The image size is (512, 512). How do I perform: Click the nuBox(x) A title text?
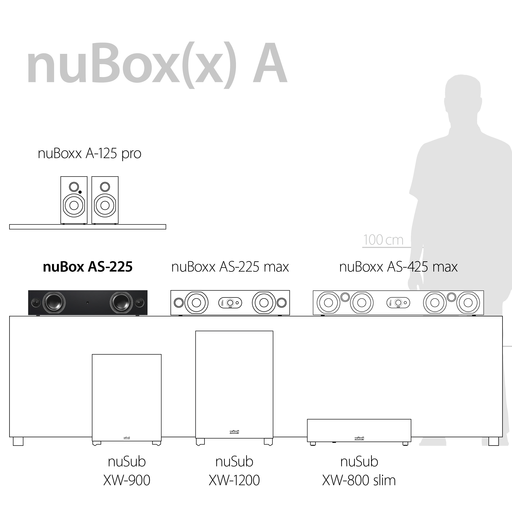(x=156, y=65)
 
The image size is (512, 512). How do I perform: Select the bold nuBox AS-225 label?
(x=87, y=267)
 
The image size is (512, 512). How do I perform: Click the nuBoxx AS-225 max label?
(x=230, y=267)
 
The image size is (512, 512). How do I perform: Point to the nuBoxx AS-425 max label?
(x=398, y=267)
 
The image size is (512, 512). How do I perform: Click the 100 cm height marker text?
(x=383, y=240)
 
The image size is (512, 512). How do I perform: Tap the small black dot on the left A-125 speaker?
(x=80, y=192)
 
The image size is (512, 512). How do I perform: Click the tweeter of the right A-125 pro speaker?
(x=105, y=187)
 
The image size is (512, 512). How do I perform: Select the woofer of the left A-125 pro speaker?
(x=74, y=205)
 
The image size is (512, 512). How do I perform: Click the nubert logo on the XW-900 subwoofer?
(x=127, y=438)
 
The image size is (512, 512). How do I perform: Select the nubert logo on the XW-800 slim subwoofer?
(x=359, y=439)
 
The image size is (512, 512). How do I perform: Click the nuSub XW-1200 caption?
(x=234, y=471)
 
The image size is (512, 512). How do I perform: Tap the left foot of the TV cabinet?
(x=18, y=441)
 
